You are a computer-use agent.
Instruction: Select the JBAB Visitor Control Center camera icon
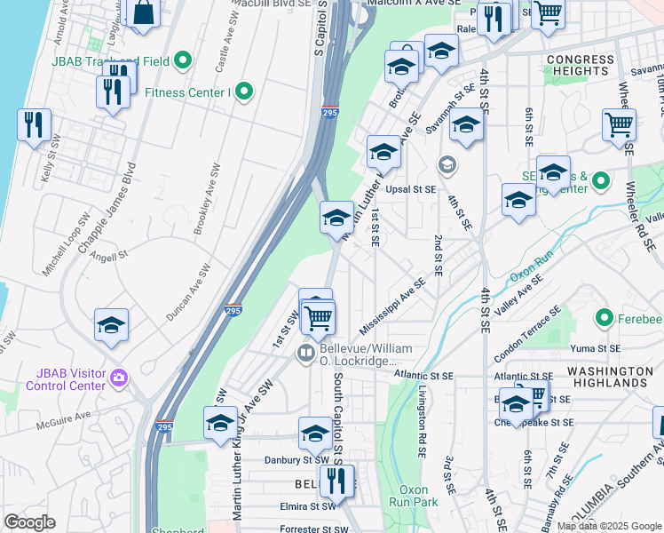click(x=118, y=380)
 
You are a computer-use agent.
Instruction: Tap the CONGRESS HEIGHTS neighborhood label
click(x=581, y=67)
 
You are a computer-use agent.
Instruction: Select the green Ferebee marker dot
click(x=605, y=317)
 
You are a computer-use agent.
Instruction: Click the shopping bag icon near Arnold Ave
click(x=143, y=13)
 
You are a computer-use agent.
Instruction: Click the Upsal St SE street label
click(x=410, y=189)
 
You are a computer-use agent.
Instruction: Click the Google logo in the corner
click(x=29, y=522)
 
